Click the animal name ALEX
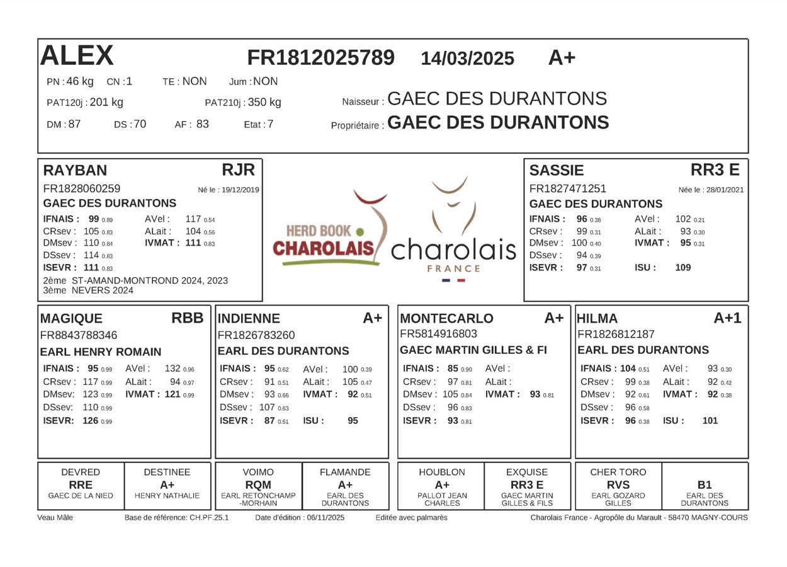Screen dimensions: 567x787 77,56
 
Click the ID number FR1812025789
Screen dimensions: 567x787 321,57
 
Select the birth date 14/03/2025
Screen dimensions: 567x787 467,59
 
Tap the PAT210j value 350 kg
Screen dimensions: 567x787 264,102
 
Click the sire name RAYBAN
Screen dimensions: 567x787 75,170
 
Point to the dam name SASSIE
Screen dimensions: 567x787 557,170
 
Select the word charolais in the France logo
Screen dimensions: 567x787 453,250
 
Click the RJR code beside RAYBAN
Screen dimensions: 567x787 239,169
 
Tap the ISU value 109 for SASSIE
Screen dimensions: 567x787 682,267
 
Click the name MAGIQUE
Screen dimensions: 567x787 71,318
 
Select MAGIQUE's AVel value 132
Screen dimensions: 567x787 173,369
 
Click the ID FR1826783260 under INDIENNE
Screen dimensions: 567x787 256,335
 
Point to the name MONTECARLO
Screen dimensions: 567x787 447,318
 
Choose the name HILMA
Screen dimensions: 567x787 597,318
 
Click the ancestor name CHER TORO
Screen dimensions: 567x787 618,472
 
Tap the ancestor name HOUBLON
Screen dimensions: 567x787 442,472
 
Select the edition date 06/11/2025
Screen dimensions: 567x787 326,517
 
